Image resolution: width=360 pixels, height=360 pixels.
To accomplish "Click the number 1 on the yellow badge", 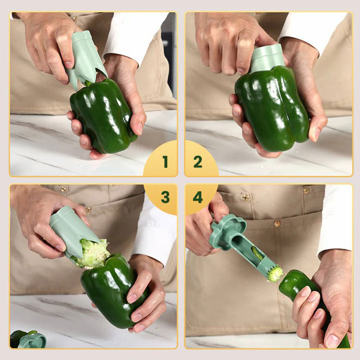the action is point(165,162).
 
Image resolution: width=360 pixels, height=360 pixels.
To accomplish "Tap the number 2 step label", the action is point(198,162).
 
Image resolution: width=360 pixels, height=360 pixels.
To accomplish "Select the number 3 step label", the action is point(165,197).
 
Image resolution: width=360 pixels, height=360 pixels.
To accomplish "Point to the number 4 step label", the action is point(198,197).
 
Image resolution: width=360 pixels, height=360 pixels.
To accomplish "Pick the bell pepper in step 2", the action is point(272,108).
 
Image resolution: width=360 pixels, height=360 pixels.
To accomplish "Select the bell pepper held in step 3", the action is point(112,292).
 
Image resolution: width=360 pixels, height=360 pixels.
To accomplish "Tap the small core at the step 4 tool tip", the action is point(275,274).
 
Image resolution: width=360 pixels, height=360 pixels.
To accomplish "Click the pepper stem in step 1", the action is point(88,83).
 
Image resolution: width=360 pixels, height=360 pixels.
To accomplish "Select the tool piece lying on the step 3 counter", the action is point(32,340).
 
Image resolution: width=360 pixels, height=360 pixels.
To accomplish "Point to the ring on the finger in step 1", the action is point(74,19).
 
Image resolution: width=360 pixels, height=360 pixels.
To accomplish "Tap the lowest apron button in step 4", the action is point(277,223).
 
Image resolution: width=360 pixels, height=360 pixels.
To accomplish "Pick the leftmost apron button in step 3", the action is point(63,189).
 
